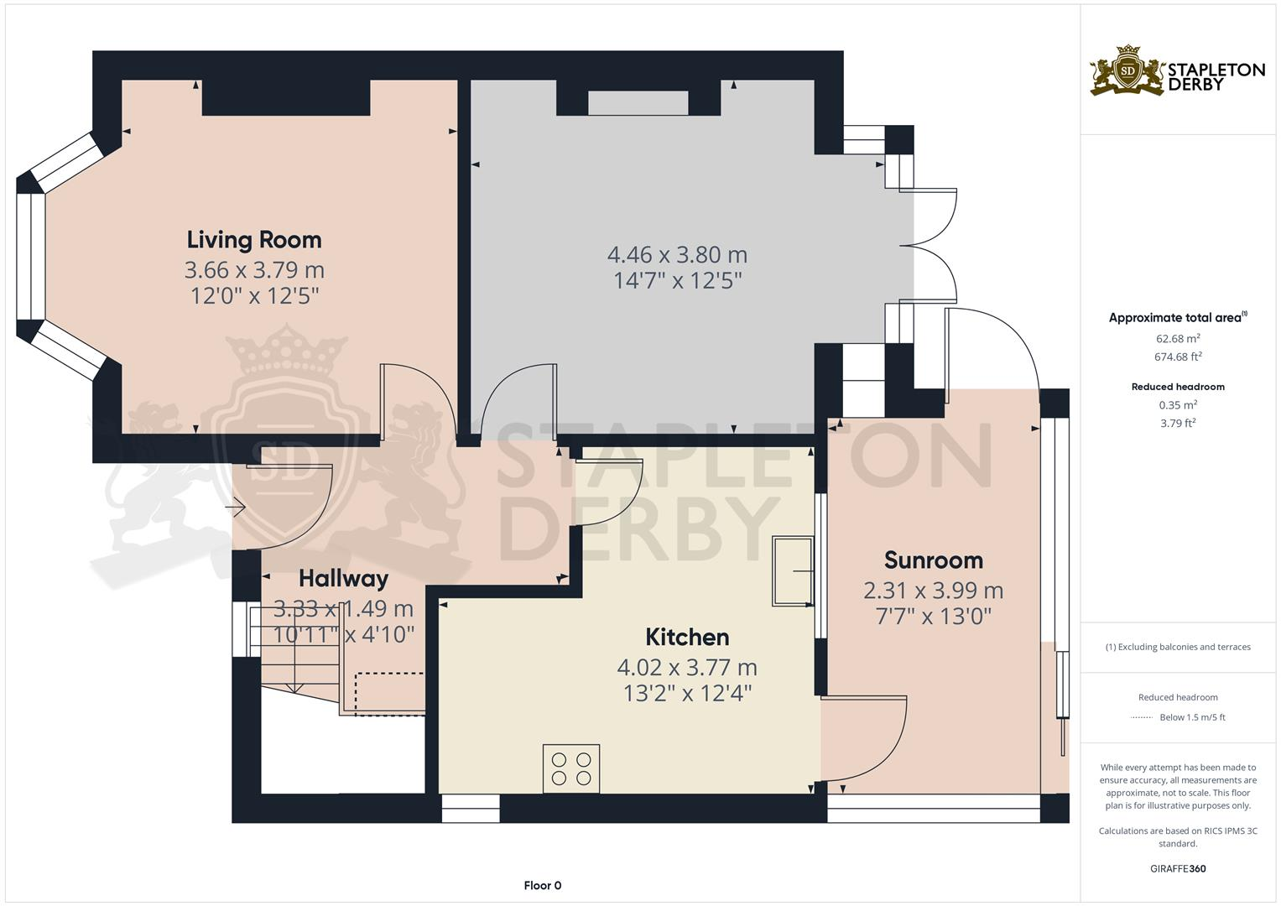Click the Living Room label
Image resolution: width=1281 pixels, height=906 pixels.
coord(254,240)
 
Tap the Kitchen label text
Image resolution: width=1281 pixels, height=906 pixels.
coord(687,638)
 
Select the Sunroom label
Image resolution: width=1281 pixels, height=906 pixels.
coord(933,560)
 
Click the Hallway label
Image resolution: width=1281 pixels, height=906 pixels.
coord(343,579)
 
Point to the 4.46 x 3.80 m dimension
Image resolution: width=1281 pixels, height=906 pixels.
coord(677,254)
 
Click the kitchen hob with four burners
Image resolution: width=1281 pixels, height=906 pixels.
coord(570,768)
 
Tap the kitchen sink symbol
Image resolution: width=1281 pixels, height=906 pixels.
coord(792,571)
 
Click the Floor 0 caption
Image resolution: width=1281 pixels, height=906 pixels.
coord(542,885)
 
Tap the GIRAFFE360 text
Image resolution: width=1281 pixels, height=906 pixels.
coord(1178,868)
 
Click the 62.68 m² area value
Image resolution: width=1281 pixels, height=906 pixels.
coord(1178,339)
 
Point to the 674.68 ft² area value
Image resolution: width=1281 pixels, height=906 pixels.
coord(1178,357)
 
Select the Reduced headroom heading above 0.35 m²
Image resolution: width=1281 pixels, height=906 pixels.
coord(1178,387)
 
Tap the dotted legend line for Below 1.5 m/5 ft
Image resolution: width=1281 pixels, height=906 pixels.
coord(1141,718)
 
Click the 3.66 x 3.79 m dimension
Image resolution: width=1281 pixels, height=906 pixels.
coord(254,270)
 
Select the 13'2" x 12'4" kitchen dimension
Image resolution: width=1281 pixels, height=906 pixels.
coord(687,694)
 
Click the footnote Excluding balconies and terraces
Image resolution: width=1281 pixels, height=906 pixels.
coord(1178,647)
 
